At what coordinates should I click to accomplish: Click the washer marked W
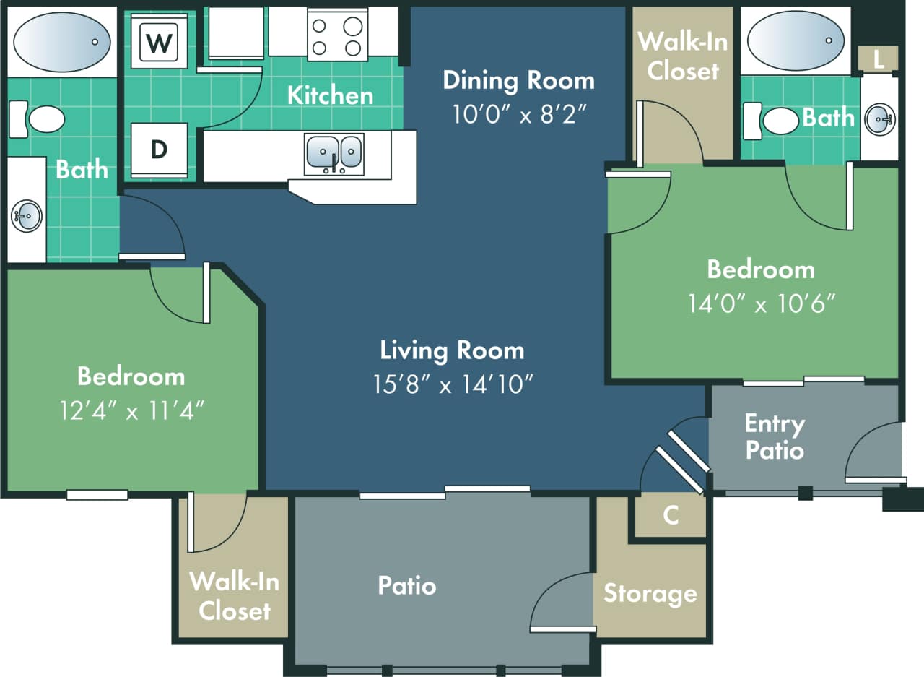pos(159,43)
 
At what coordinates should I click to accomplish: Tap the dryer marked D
pos(159,150)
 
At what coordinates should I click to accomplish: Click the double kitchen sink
pos(334,151)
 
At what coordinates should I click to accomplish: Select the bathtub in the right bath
pos(795,40)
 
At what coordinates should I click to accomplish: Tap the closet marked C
pos(671,515)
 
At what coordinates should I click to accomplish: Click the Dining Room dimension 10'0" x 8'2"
pos(518,114)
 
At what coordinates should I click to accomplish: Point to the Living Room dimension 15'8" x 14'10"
pos(453,384)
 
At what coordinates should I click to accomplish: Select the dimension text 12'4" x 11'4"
pos(131,410)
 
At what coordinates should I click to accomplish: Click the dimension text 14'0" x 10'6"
pos(762,303)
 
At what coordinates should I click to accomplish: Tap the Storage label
pos(650,593)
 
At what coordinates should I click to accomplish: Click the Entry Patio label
pos(774,436)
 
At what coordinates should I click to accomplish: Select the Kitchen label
pos(330,95)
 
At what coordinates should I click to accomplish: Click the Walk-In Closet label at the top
pos(682,56)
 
